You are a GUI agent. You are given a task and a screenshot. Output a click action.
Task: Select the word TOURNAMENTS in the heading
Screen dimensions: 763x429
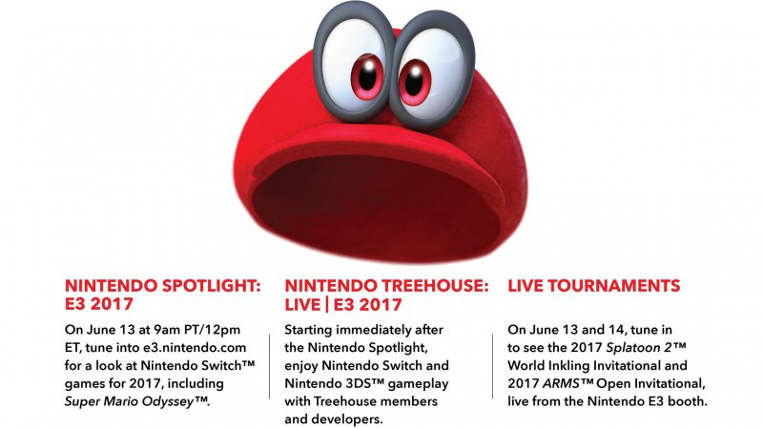(614, 285)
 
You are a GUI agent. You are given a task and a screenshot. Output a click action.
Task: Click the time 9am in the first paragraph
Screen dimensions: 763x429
(167, 330)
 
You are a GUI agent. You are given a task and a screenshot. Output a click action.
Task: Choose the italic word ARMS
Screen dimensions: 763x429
(561, 384)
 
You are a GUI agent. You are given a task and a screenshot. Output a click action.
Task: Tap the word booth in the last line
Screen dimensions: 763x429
(690, 401)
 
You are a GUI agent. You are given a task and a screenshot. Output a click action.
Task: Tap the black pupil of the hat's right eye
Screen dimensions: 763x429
(414, 80)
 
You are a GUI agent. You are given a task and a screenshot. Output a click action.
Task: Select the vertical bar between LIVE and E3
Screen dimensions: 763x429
(327, 305)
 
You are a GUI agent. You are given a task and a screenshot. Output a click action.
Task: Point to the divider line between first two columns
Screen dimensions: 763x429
(270, 367)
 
